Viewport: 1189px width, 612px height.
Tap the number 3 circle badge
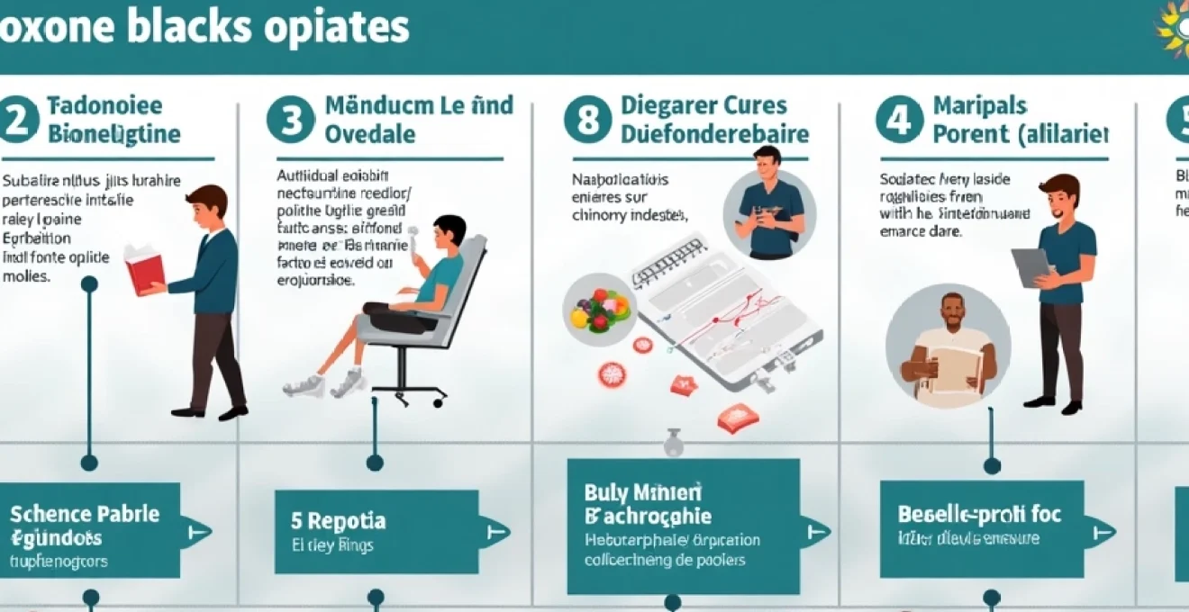tap(290, 121)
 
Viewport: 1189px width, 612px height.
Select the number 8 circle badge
tap(587, 121)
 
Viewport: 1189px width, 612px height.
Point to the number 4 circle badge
tap(898, 121)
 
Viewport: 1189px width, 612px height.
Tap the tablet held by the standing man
tap(1031, 267)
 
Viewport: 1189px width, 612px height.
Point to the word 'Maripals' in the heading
tap(980, 106)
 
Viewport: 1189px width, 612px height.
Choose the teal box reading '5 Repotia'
tap(376, 532)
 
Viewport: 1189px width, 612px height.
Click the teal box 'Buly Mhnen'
tap(683, 526)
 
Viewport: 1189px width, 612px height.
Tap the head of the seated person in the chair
tap(449, 231)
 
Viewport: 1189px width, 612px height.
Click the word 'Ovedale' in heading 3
tap(359, 135)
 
